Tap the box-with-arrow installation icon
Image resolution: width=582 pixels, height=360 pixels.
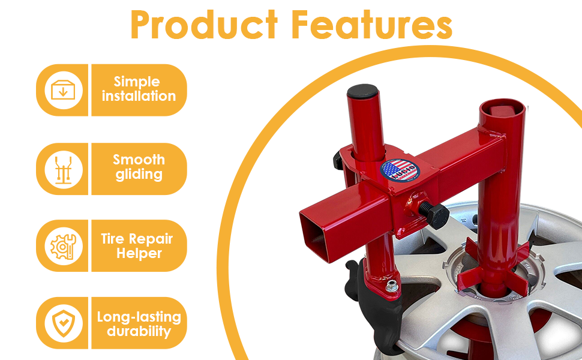pyautogui.click(x=63, y=90)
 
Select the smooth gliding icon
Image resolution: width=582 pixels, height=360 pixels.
pyautogui.click(x=63, y=168)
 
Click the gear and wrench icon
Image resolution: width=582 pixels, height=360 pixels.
pyautogui.click(x=63, y=246)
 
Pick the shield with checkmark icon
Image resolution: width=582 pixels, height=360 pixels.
pyautogui.click(x=63, y=323)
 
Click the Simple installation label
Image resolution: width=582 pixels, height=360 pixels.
pyautogui.click(x=139, y=89)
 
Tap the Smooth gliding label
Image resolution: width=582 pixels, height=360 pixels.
pyautogui.click(x=139, y=167)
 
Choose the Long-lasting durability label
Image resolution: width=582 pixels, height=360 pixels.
pyautogui.click(x=139, y=323)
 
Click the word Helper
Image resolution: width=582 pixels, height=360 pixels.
pyautogui.click(x=139, y=253)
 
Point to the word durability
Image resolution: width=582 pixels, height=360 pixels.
pyautogui.click(x=139, y=331)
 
